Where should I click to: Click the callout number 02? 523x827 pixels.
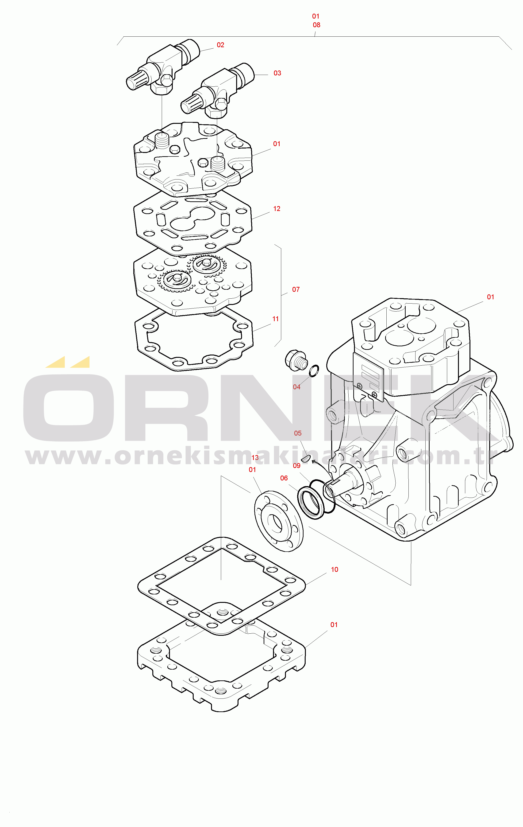(x=220, y=45)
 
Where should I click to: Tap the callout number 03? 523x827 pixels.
(x=277, y=73)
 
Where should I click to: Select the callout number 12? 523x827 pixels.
(x=277, y=209)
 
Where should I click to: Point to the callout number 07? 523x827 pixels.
(x=296, y=289)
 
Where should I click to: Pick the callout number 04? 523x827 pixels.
(x=296, y=387)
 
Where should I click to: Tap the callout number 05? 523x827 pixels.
(x=298, y=433)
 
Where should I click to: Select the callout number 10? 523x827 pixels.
(x=335, y=570)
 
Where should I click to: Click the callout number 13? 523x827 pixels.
(x=255, y=458)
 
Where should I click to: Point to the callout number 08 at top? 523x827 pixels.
(x=316, y=25)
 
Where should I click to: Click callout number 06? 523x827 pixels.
(x=284, y=478)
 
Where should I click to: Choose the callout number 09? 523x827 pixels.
(x=296, y=466)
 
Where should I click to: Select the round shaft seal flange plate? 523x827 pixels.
(x=279, y=521)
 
